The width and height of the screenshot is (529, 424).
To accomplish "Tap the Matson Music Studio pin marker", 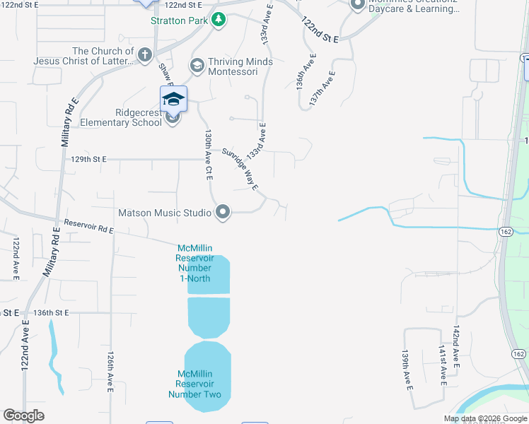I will [223, 212].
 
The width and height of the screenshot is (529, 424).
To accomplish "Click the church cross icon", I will [145, 55].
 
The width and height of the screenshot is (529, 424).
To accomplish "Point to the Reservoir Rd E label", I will [88, 226].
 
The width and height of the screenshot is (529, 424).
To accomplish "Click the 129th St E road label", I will [88, 160].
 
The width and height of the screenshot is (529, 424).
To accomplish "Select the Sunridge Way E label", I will [240, 169].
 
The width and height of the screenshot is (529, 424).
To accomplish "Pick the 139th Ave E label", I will [407, 369].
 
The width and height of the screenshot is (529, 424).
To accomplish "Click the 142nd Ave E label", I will [457, 346].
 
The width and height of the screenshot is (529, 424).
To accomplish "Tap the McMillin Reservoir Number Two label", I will [194, 384].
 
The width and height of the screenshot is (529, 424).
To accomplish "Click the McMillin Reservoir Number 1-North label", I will [194, 263].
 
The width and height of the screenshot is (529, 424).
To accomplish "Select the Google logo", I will [23, 415].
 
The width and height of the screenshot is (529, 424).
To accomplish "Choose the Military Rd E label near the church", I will [66, 142].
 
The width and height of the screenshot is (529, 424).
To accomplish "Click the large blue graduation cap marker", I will [173, 100].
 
